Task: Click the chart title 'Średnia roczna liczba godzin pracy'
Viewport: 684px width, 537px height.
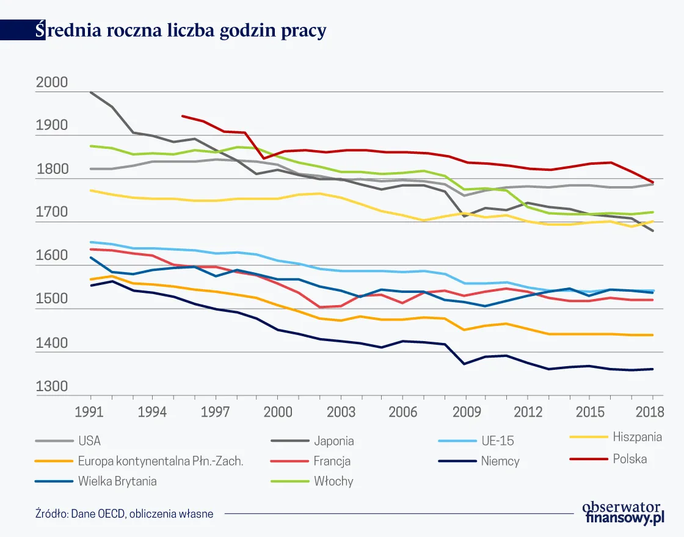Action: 181,31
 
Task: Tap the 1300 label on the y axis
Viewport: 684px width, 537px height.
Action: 53,386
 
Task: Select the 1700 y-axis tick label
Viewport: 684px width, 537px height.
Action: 53,213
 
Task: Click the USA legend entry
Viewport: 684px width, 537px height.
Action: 89,441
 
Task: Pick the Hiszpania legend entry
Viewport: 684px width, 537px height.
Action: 637,437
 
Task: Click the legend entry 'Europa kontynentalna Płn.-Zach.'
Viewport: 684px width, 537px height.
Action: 161,461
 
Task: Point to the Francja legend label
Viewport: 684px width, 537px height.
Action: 332,461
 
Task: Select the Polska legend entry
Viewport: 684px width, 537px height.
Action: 630,459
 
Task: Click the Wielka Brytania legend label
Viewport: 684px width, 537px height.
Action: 117,481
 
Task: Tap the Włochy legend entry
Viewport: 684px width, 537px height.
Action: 333,481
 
